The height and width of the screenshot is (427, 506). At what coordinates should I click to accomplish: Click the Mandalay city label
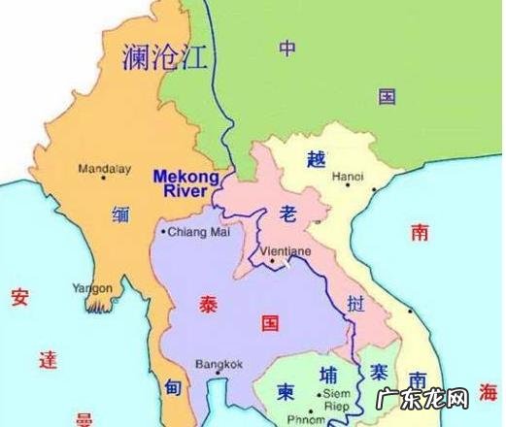click(106, 168)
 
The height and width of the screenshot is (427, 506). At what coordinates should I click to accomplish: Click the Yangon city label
click(93, 288)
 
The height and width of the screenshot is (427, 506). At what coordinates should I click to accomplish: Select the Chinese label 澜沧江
click(165, 58)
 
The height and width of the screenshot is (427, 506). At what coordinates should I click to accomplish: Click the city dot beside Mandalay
click(77, 168)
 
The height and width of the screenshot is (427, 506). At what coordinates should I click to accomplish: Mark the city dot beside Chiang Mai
click(163, 233)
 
